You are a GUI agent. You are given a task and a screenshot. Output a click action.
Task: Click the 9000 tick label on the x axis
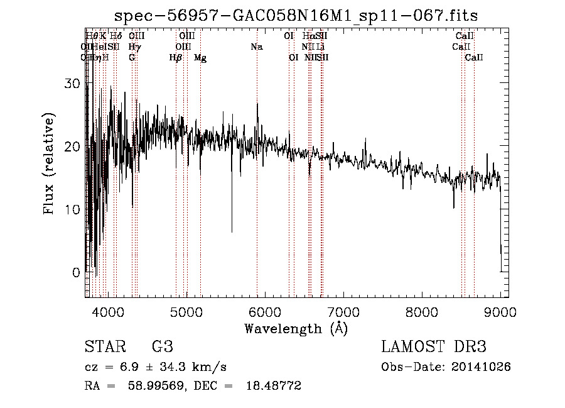500,312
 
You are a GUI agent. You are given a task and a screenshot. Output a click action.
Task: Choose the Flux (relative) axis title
49,163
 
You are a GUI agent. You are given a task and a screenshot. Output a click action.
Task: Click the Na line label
256,47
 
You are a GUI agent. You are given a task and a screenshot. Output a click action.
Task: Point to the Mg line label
200,58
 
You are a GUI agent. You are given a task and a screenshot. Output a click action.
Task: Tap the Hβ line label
176,58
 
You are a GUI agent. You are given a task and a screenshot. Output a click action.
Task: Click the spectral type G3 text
162,347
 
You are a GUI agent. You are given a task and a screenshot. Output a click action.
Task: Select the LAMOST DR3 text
434,347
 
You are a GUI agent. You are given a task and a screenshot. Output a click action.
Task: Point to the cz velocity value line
155,367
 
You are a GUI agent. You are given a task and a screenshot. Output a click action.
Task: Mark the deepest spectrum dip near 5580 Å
232,231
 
